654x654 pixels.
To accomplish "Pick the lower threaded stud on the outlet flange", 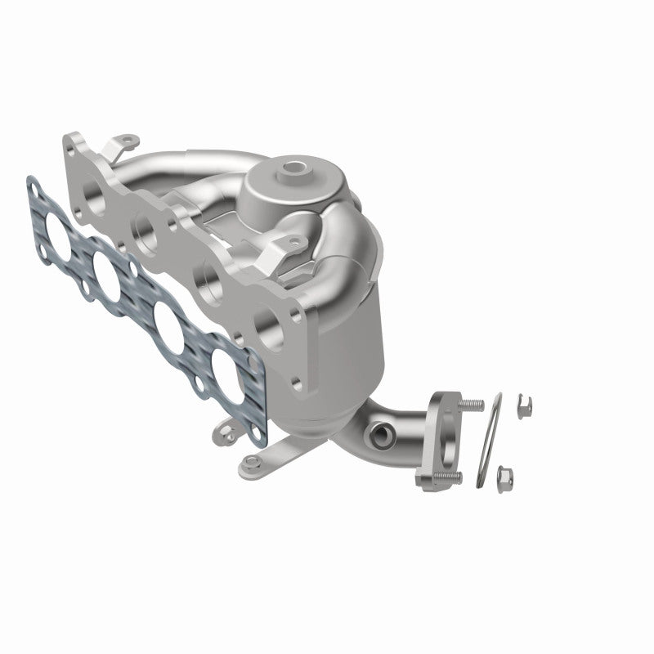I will [450, 477].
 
